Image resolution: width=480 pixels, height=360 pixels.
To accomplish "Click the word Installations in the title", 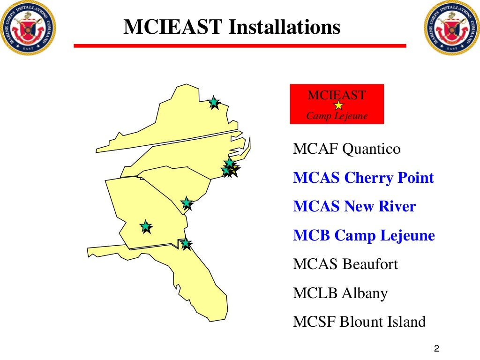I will [x=284, y=27].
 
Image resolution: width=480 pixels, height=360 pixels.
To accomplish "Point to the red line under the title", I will [x=240, y=46].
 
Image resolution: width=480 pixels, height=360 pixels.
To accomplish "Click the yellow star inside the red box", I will [x=338, y=106].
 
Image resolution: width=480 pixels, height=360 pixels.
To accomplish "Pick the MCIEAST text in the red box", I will [x=337, y=96].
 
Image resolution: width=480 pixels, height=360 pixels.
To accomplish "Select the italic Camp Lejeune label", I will [x=337, y=116].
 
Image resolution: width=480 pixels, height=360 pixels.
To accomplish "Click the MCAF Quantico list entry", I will [x=347, y=150].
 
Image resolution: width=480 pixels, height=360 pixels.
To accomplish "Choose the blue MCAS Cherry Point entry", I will [x=363, y=178].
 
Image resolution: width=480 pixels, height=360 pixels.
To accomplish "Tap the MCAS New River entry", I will [x=354, y=207].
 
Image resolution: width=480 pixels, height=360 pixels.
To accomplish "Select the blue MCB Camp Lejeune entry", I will [x=364, y=235].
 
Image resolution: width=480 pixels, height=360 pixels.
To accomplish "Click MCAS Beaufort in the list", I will [x=345, y=264].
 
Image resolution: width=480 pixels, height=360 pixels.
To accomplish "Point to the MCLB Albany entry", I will [x=340, y=293].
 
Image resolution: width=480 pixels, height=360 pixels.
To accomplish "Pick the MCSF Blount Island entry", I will [x=360, y=322].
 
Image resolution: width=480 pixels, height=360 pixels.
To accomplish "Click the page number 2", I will [x=436, y=349].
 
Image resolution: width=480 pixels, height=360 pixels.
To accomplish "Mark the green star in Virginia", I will [x=214, y=102].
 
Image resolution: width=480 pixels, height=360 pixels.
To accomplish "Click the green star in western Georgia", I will [x=146, y=226].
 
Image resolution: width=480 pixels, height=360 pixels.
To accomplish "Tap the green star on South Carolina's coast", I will [x=187, y=202].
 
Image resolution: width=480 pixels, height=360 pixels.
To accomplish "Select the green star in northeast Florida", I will [x=186, y=243].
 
